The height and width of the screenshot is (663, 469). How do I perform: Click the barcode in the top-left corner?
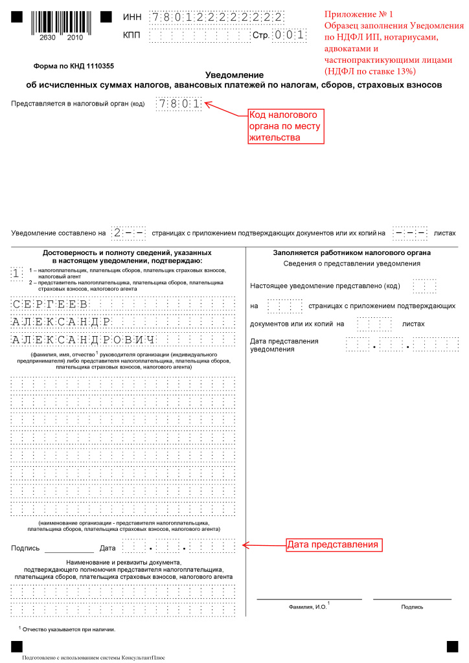point(55,26)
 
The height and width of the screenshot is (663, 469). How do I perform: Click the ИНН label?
point(132,17)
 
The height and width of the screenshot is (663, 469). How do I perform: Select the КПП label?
point(132,35)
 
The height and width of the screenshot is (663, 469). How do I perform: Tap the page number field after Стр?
point(289,35)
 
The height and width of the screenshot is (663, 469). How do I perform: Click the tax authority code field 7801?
point(179,103)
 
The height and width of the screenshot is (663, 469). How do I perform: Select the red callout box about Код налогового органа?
point(286,126)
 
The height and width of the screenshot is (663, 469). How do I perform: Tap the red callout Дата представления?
point(332,545)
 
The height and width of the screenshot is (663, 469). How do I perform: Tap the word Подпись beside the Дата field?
point(25,548)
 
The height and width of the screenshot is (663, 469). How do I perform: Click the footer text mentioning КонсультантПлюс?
point(93,657)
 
